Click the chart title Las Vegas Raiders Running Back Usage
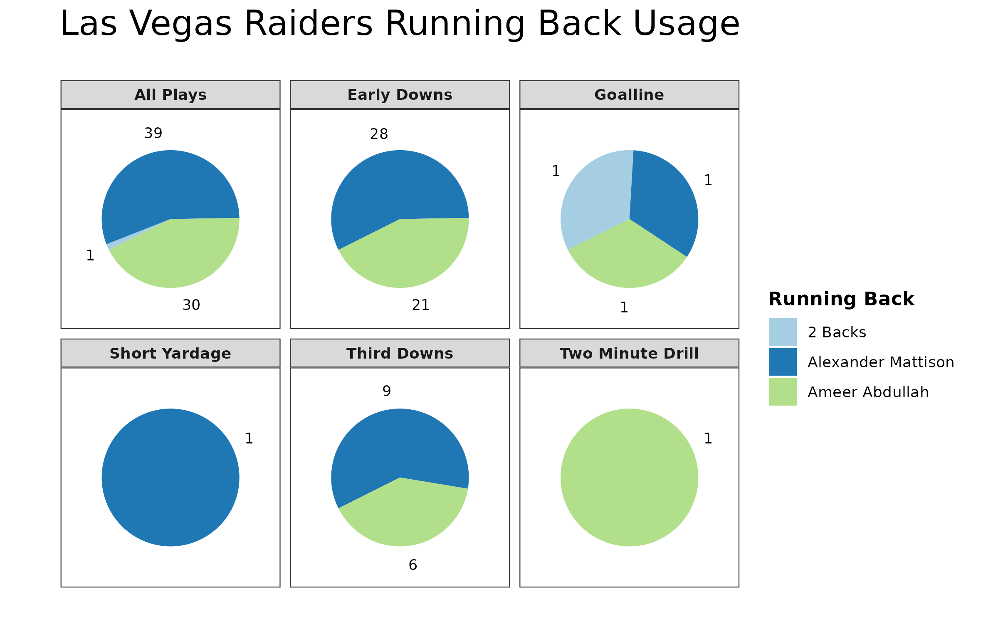(400, 24)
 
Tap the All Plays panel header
(170, 95)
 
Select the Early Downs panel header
(400, 95)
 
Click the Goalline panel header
(629, 95)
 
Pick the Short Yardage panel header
(170, 354)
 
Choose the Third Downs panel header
(400, 354)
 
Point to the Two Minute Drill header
(629, 354)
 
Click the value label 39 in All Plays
(153, 134)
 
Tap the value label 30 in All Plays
(191, 305)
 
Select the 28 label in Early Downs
(379, 134)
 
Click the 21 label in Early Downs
(420, 305)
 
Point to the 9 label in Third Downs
(387, 391)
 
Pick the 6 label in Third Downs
(413, 565)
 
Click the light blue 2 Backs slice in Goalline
(595, 200)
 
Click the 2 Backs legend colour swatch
(783, 332)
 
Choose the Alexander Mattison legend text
(881, 362)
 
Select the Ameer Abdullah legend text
(868, 392)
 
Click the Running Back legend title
(841, 299)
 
